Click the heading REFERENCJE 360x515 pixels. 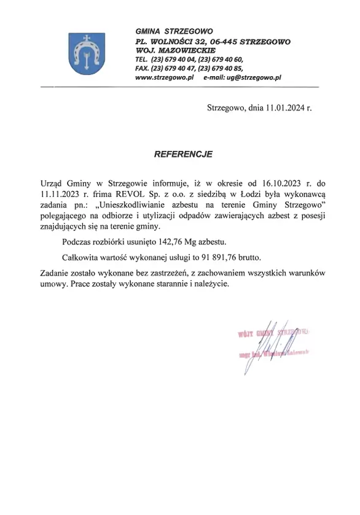183,155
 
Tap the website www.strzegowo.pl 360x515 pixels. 164,78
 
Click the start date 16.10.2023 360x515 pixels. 278,182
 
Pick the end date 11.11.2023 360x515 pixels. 58,193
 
